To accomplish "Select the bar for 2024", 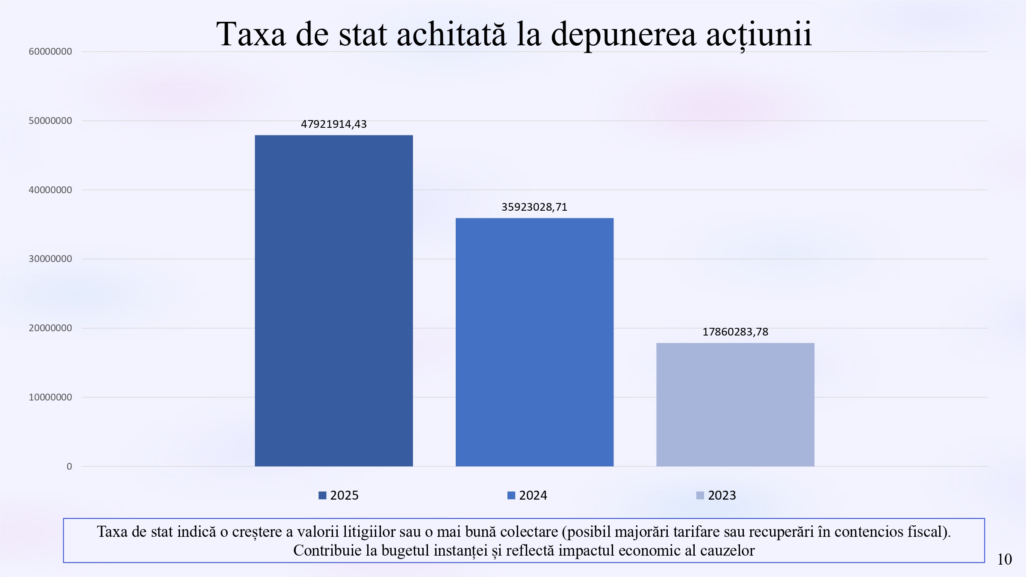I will coord(534,342).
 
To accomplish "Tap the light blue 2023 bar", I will coord(735,404).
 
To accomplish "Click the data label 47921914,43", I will coord(333,124).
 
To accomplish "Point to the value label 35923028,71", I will coord(534,207).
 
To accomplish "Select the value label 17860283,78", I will coord(735,332).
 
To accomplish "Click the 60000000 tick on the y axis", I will coord(50,52).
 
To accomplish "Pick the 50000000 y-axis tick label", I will coord(50,121).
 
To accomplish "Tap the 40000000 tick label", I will coord(50,190).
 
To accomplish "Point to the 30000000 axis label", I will coord(50,259).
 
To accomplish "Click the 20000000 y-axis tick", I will coord(50,328).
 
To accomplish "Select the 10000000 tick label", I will coord(50,397).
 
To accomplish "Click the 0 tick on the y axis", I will coord(69,467).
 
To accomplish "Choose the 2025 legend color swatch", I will coord(322,495).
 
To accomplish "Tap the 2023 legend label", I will coord(722,495).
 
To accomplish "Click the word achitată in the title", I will coord(451,34).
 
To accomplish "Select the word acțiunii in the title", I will coord(758,34).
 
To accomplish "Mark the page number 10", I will coord(1004,559).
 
